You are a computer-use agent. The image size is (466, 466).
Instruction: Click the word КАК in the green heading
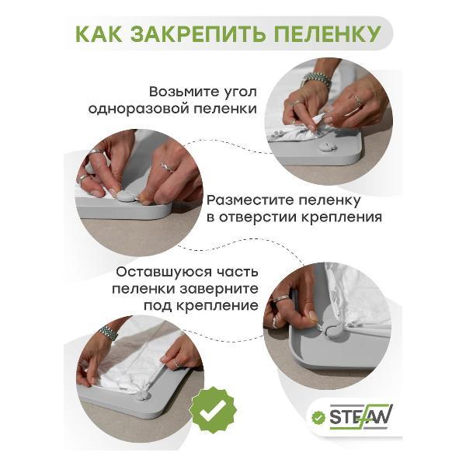pyautogui.click(x=99, y=34)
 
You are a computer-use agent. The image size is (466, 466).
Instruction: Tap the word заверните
pyautogui.click(x=219, y=289)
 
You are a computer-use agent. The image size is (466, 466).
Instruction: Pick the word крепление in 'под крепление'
pyautogui.click(x=217, y=306)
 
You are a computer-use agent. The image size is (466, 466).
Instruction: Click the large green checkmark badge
pyautogui.click(x=214, y=411)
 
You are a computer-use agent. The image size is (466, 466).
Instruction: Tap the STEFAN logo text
pyautogui.click(x=360, y=416)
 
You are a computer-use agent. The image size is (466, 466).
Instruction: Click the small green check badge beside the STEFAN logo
pyautogui.click(x=318, y=418)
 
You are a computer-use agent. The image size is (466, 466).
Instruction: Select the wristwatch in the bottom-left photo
pyautogui.click(x=109, y=333)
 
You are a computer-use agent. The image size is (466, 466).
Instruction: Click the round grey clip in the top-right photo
pyautogui.click(x=327, y=147)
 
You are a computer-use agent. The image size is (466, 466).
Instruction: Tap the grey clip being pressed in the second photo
pyautogui.click(x=126, y=196)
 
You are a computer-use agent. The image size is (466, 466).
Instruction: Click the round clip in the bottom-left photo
pyautogui.click(x=143, y=395)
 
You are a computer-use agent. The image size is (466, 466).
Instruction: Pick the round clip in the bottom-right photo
pyautogui.click(x=333, y=331)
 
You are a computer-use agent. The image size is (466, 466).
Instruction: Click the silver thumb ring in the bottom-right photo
pyautogui.click(x=281, y=298)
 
